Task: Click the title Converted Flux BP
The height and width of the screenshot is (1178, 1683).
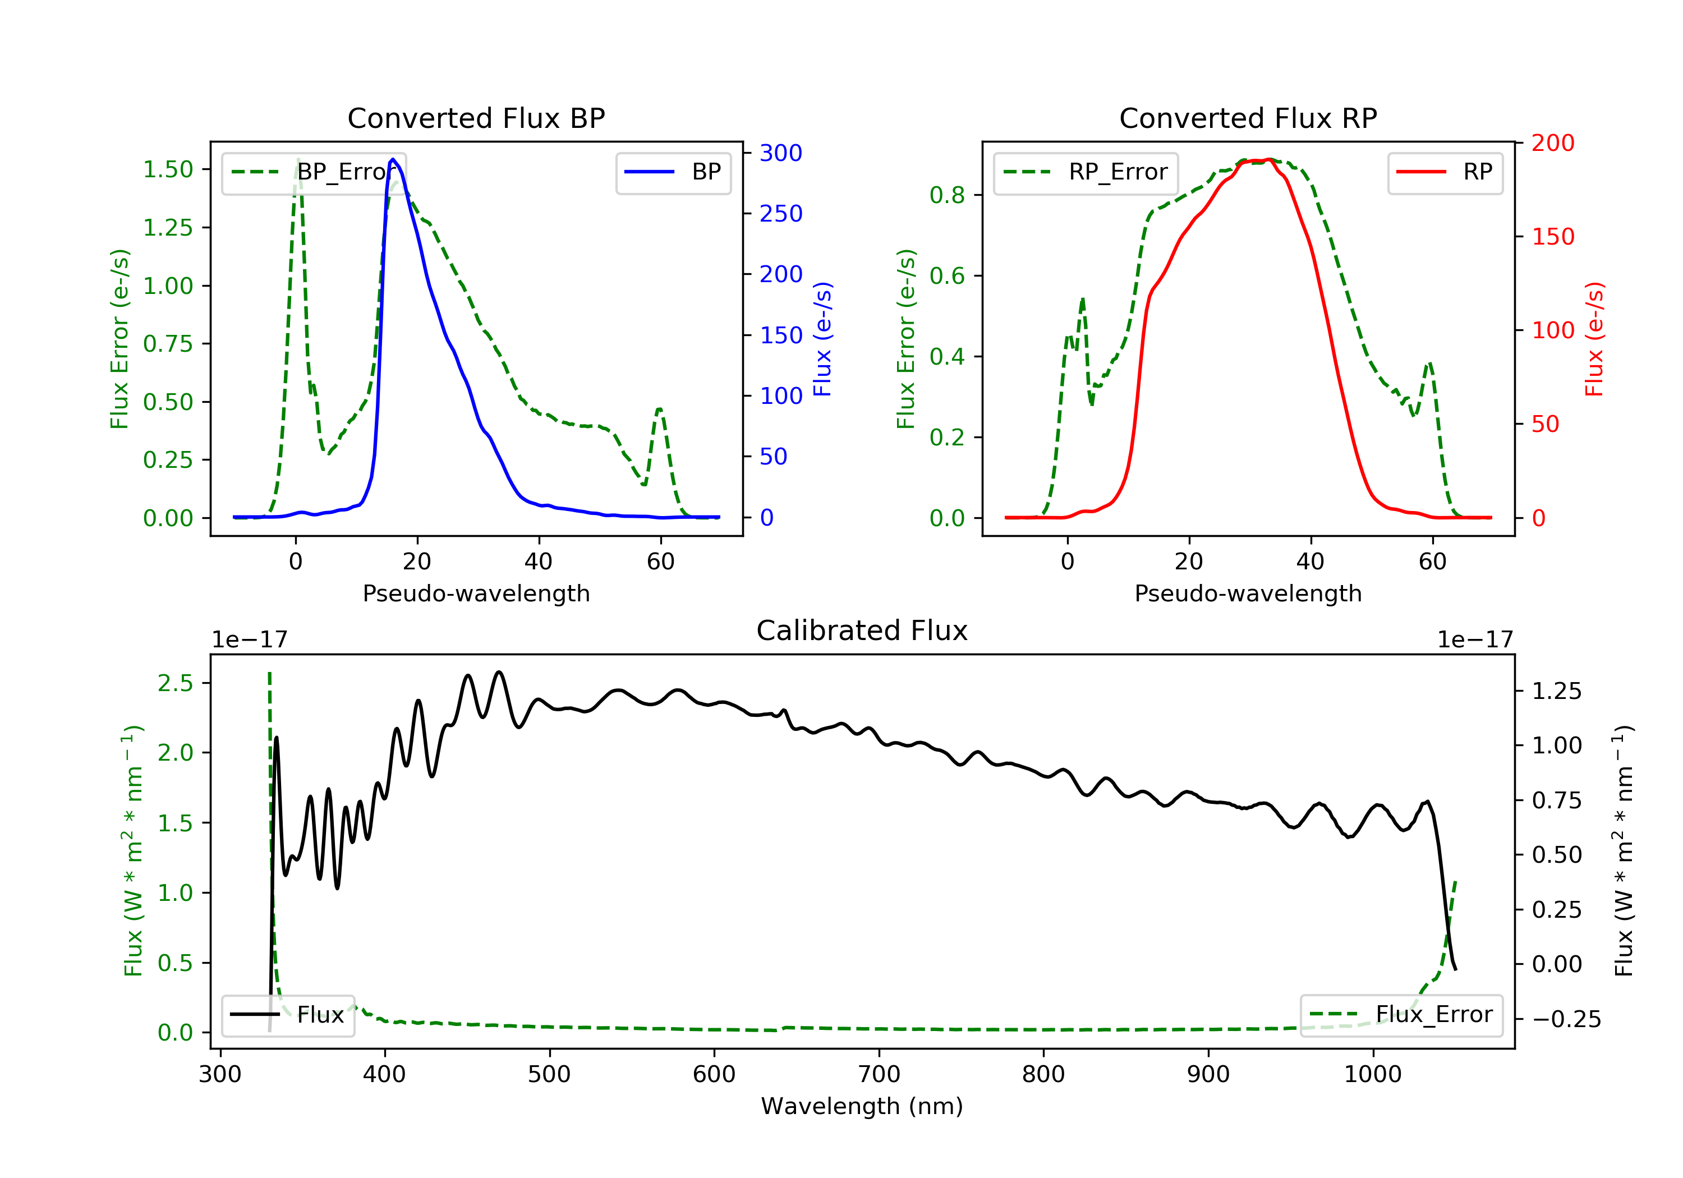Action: click(x=476, y=118)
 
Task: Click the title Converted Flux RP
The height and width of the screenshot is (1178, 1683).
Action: click(x=1248, y=118)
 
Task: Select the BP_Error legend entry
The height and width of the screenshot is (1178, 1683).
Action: click(x=314, y=172)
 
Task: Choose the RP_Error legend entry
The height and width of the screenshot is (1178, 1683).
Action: click(x=1086, y=172)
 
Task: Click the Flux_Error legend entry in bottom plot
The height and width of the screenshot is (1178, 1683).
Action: click(x=1401, y=1015)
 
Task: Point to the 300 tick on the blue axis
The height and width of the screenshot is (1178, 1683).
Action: click(x=781, y=153)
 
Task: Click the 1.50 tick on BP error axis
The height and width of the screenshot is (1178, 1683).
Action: click(x=168, y=169)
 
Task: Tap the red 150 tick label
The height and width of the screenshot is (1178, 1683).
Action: click(x=1552, y=237)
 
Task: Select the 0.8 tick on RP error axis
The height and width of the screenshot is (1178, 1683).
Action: click(x=946, y=195)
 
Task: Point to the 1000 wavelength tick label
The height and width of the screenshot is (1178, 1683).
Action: click(x=1372, y=1075)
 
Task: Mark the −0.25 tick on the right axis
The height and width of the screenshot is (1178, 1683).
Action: click(x=1566, y=1019)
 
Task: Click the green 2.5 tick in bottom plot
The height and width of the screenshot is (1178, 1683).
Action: click(x=175, y=683)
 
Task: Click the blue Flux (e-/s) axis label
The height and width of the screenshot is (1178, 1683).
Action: click(x=822, y=339)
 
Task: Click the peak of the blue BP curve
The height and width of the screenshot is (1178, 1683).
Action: click(x=393, y=159)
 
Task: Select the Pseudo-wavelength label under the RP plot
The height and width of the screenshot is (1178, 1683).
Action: click(x=1248, y=593)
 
